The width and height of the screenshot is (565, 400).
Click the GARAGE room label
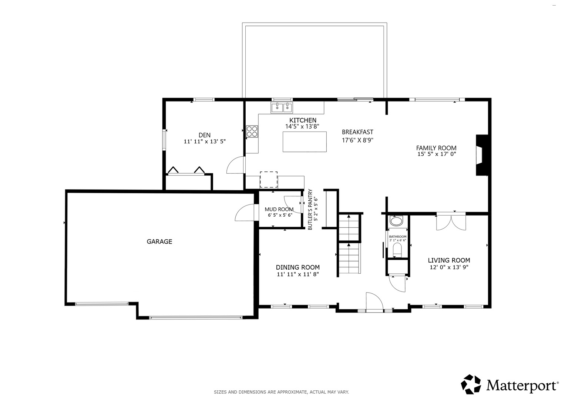[x=159, y=241]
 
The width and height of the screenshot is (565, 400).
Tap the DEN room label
[x=205, y=135]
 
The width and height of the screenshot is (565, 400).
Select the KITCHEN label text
[x=303, y=120]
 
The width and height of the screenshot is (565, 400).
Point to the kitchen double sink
[x=282, y=107]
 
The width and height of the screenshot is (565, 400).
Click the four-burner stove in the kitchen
[x=252, y=131]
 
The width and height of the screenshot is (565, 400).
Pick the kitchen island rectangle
[x=305, y=141]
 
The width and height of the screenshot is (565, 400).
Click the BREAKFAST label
[x=357, y=132]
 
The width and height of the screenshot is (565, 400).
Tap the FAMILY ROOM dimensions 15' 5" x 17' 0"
[x=437, y=154]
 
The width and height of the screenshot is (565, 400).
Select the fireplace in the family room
[x=482, y=155]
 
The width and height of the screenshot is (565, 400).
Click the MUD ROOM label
[x=279, y=209]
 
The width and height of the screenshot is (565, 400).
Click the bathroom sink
[x=397, y=221]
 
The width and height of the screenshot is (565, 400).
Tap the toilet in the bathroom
[x=397, y=250]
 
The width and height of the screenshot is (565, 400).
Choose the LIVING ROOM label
[x=449, y=260]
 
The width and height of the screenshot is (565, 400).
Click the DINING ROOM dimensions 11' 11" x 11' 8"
[x=298, y=274]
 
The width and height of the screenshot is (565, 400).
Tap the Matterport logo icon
[x=471, y=384]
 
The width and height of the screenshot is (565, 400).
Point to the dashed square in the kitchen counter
[x=269, y=180]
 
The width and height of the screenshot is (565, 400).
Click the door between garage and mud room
[x=245, y=212]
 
